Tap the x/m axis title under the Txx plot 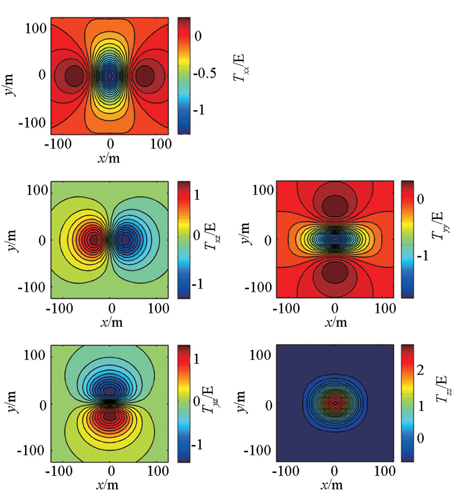110,158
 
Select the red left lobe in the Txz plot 94,239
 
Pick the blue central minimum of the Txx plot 110,75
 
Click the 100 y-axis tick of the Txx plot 37,26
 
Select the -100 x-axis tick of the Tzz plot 283,471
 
